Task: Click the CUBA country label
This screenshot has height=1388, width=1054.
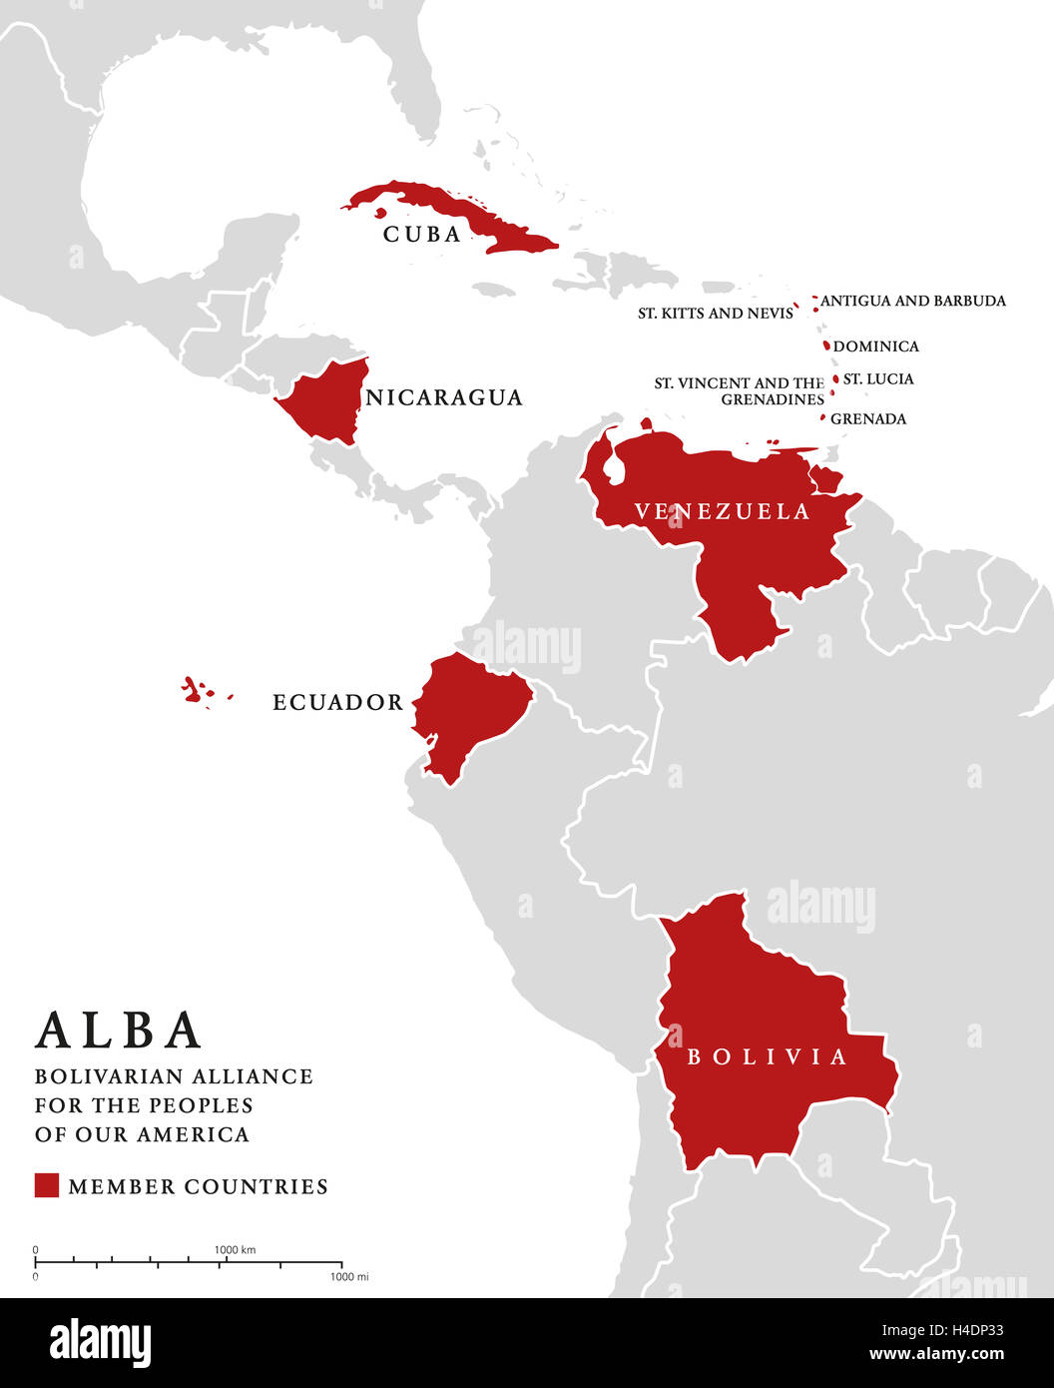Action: [422, 235]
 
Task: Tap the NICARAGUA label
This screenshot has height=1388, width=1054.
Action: [444, 398]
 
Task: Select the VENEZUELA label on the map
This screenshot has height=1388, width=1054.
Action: [723, 512]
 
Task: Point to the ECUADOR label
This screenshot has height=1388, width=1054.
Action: [338, 703]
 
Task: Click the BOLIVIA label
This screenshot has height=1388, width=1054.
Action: [767, 1056]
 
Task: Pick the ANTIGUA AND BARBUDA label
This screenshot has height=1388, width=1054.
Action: [912, 301]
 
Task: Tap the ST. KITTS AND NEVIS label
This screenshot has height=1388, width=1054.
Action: [716, 314]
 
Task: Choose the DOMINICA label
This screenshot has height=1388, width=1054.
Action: [875, 347]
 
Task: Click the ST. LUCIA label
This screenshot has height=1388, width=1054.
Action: [878, 379]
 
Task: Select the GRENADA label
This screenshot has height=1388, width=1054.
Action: [868, 419]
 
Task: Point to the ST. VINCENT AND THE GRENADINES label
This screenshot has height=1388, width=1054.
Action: [740, 391]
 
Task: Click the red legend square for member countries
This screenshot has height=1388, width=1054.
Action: [47, 1185]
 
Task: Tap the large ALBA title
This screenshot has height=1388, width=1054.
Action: [119, 1031]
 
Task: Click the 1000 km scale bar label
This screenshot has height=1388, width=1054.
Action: [235, 1250]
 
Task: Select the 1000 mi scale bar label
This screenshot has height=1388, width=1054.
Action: [349, 1277]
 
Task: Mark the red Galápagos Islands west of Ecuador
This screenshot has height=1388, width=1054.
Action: [196, 690]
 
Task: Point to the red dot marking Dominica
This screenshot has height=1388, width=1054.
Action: [826, 346]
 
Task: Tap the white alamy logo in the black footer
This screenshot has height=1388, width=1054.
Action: [100, 1343]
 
